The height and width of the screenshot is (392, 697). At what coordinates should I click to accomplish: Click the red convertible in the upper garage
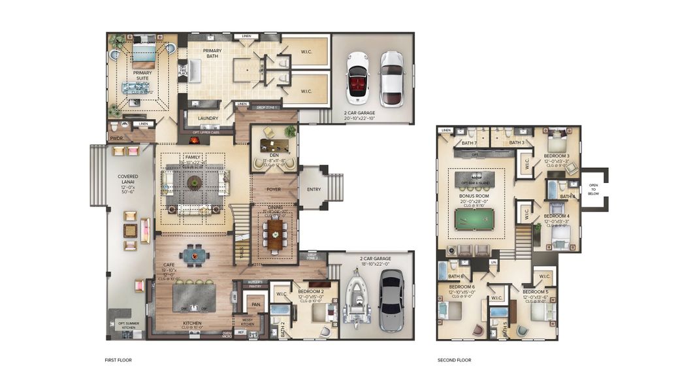click(357, 78)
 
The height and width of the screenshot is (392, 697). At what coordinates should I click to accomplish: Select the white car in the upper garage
click(391, 78)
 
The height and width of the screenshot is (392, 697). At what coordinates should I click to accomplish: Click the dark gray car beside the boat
click(392, 300)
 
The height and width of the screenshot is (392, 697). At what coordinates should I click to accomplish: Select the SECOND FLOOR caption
click(454, 360)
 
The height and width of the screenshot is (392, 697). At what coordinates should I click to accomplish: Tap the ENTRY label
click(314, 189)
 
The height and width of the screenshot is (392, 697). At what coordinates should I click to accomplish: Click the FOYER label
click(274, 189)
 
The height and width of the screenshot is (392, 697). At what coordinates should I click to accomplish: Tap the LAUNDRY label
click(208, 118)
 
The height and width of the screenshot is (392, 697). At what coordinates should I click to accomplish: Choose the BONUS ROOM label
click(476, 195)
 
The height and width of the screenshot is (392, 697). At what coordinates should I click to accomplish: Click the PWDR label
click(116, 139)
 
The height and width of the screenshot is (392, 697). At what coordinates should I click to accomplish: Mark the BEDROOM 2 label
click(312, 291)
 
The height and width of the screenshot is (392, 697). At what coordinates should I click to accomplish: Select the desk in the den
click(274, 145)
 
